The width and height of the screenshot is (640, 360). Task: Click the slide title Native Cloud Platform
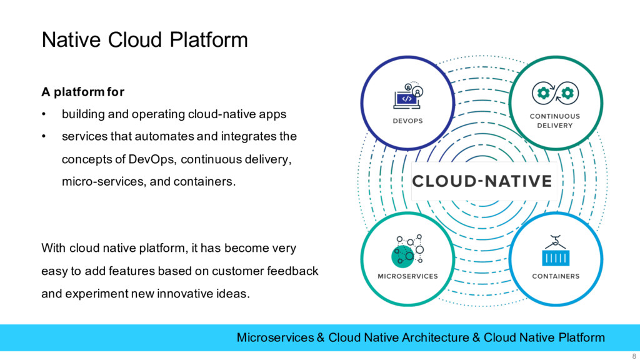click(x=144, y=41)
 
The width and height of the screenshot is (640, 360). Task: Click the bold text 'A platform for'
click(x=83, y=92)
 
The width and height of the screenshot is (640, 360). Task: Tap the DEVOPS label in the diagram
click(x=407, y=121)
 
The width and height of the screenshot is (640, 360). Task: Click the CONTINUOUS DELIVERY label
click(x=555, y=121)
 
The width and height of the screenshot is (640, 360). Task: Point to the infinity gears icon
click(x=555, y=94)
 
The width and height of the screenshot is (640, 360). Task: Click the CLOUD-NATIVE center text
click(x=481, y=181)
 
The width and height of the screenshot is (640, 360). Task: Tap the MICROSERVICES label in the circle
click(x=407, y=276)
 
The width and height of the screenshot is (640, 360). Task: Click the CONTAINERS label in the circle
click(x=556, y=276)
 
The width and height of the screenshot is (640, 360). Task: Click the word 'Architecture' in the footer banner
click(x=435, y=337)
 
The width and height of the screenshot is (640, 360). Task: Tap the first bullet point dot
click(x=44, y=114)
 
